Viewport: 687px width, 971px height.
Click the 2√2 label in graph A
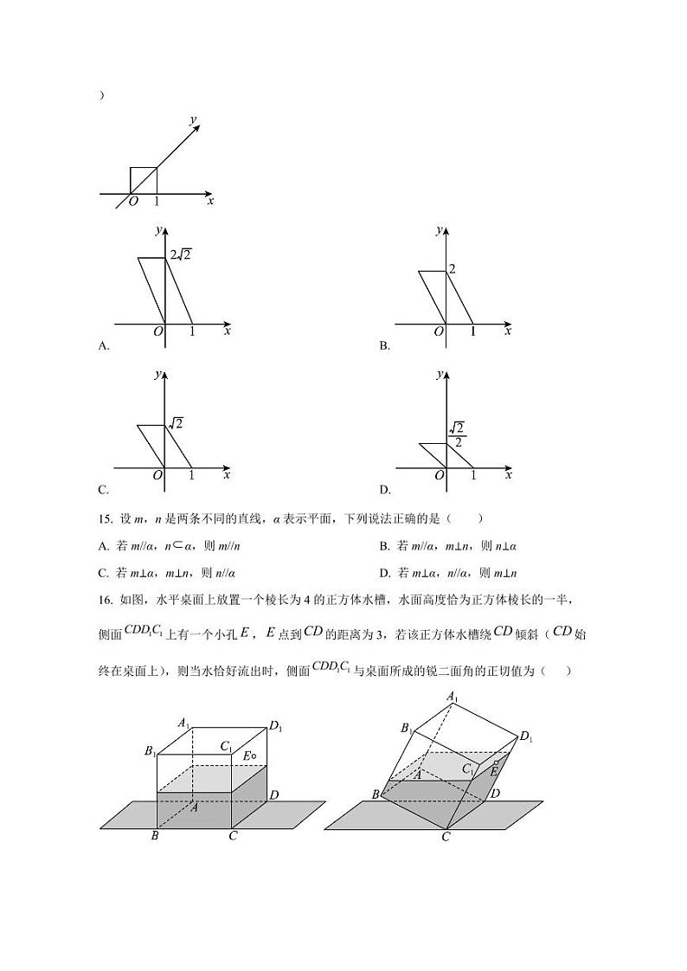pos(181,254)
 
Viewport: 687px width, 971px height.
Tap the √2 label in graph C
pos(176,423)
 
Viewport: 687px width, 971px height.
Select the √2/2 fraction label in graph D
pos(457,434)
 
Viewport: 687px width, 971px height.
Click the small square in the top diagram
pos(143,180)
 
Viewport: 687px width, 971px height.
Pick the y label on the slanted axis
pos(193,119)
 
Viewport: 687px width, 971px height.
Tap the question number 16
pos(106,601)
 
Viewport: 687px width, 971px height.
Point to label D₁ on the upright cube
pos(275,727)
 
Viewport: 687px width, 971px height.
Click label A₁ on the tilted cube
pos(451,697)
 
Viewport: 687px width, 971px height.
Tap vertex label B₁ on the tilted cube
pos(407,730)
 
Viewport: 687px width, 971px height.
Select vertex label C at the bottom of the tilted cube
pos(446,837)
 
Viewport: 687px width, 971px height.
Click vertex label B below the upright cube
pos(154,836)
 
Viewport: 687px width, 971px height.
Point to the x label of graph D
pos(508,474)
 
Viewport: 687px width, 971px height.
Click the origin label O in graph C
pos(157,475)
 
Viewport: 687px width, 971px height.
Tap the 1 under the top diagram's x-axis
pos(157,202)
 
